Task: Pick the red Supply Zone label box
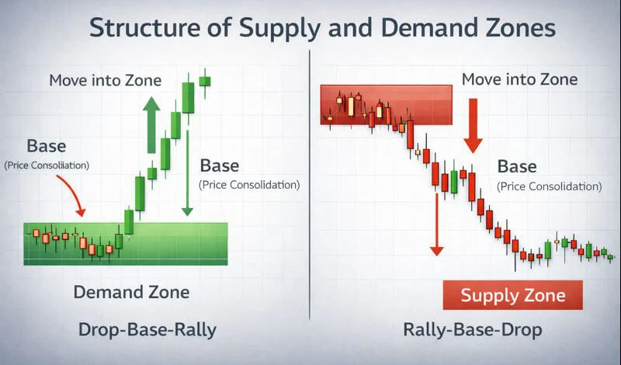(512, 296)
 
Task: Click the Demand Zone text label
(131, 293)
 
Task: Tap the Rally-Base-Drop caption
(474, 330)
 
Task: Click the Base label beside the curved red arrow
(47, 146)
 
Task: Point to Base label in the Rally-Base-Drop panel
(516, 166)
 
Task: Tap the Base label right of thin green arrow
(220, 165)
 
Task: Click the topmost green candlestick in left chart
(205, 80)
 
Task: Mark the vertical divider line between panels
(310, 186)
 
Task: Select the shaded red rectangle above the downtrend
(386, 105)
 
